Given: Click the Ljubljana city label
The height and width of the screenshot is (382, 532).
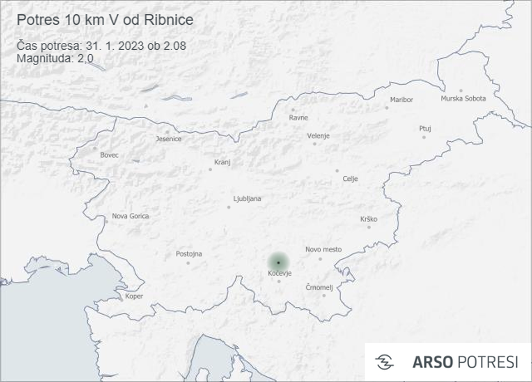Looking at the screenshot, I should (x=247, y=199).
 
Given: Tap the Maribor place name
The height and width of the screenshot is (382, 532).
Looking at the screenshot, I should (x=401, y=100).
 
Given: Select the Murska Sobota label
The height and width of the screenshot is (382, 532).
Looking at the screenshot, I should (x=463, y=99).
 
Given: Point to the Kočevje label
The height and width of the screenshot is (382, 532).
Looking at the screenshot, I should (x=280, y=274).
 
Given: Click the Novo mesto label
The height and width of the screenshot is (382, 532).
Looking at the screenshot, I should (x=323, y=249).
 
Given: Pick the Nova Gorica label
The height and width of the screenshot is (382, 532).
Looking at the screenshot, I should (x=130, y=216).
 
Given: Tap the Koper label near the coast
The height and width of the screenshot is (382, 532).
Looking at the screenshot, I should (x=134, y=296).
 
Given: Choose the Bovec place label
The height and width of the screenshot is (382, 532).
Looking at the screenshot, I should (x=109, y=155).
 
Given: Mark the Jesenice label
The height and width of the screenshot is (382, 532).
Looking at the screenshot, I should (x=169, y=139).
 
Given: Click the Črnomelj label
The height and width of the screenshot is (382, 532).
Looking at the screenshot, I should (x=319, y=287).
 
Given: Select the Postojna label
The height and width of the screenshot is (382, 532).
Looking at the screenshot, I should (x=188, y=254).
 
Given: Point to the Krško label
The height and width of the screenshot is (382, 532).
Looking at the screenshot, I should (x=368, y=219).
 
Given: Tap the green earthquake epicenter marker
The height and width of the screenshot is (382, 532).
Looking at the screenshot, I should (x=278, y=262).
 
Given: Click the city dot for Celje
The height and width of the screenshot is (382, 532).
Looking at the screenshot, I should (x=337, y=171).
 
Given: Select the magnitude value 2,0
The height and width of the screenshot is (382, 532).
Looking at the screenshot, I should (x=85, y=58).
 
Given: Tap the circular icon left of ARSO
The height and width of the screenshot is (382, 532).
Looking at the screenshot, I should (x=385, y=362).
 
